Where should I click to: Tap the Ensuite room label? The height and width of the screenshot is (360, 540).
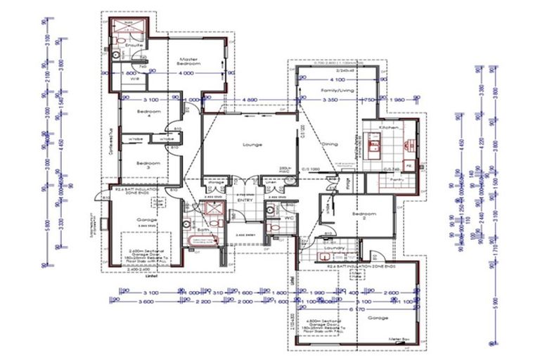tap(136, 46)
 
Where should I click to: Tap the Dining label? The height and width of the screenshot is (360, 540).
tap(330, 146)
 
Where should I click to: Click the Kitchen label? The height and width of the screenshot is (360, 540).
tap(389, 127)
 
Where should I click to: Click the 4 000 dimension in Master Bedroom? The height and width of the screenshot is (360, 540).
tap(186, 72)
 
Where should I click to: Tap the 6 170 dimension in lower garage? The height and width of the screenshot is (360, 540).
tap(358, 309)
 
